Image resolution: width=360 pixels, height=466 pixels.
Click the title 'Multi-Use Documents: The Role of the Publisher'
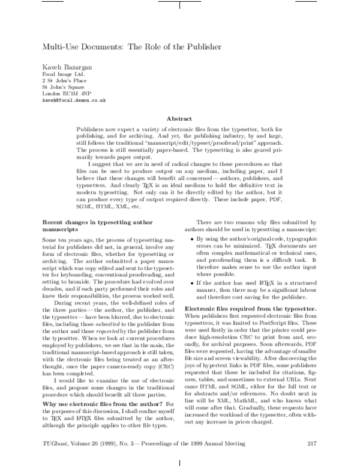(x=131, y=46)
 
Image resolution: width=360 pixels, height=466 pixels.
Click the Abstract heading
(x=179, y=119)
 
